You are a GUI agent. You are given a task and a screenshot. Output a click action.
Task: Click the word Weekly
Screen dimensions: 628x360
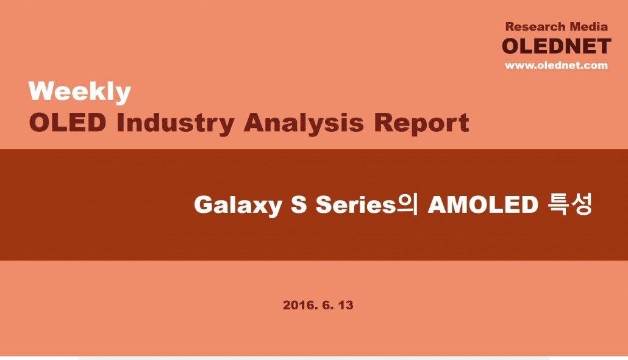[x=80, y=92]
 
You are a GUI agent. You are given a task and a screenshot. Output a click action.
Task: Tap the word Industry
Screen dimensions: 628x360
[x=176, y=123]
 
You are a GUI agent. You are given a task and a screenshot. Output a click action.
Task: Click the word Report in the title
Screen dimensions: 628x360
[x=422, y=123]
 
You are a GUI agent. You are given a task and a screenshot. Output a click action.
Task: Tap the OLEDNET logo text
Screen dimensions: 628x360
[x=557, y=46]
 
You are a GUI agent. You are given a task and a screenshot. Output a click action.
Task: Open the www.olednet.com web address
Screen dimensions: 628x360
[x=556, y=65]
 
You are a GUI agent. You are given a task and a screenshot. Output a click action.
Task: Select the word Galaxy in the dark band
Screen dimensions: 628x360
[x=238, y=205]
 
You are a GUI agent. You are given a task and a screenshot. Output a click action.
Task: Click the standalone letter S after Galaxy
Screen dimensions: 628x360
[x=299, y=204]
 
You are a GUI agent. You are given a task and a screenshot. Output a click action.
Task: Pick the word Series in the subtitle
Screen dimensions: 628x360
[x=355, y=204]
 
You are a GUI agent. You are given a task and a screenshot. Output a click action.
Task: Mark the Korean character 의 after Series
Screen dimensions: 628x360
[x=407, y=204]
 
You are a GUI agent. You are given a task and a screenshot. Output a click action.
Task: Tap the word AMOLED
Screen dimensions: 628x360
[x=483, y=204]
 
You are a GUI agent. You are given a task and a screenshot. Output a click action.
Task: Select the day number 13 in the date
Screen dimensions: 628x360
[x=346, y=305]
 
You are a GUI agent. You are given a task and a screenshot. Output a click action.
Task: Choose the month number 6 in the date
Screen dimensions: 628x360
[x=327, y=305]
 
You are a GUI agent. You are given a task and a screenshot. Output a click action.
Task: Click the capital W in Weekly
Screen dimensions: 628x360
[x=43, y=91]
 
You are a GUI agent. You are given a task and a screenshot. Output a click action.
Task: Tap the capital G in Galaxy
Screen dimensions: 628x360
[x=204, y=204]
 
